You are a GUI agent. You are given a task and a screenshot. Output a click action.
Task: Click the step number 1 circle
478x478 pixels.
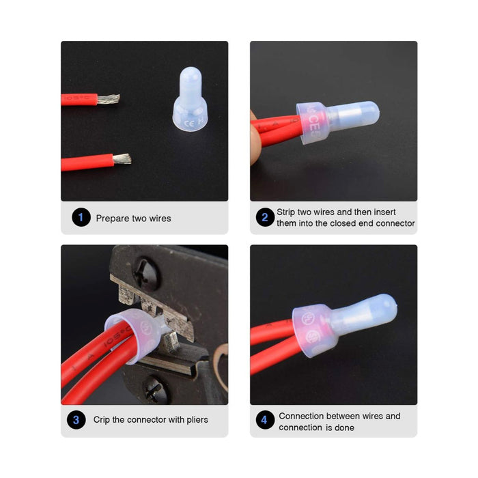coord(81,217)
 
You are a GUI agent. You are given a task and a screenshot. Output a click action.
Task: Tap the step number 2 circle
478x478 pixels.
coord(265,217)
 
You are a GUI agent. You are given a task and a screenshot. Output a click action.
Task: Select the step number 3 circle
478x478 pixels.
coord(76,420)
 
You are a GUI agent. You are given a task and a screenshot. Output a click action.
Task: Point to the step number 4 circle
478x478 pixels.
coord(265,420)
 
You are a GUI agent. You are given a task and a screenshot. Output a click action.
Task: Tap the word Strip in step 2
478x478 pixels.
coord(285,212)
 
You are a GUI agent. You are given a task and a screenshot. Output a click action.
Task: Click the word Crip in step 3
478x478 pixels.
coord(101,420)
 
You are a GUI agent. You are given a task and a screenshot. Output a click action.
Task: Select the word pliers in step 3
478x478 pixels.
coord(197,420)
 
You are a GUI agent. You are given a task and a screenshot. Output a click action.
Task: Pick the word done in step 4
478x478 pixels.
coord(344,427)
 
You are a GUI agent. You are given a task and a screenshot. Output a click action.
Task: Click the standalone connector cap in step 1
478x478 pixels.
coord(191,99)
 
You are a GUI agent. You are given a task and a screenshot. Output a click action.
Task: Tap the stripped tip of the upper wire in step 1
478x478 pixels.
coord(109,99)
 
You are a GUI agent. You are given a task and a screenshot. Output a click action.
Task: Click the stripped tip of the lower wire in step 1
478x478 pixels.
coord(122,159)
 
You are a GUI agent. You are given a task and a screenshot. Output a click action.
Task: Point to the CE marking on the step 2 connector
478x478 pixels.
coord(313,122)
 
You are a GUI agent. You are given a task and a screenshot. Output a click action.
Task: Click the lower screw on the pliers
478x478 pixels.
coord(156,391)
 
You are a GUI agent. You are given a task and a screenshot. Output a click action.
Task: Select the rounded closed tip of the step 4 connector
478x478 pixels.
coord(389,306)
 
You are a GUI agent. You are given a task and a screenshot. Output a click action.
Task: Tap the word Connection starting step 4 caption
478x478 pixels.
coord(298,416)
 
